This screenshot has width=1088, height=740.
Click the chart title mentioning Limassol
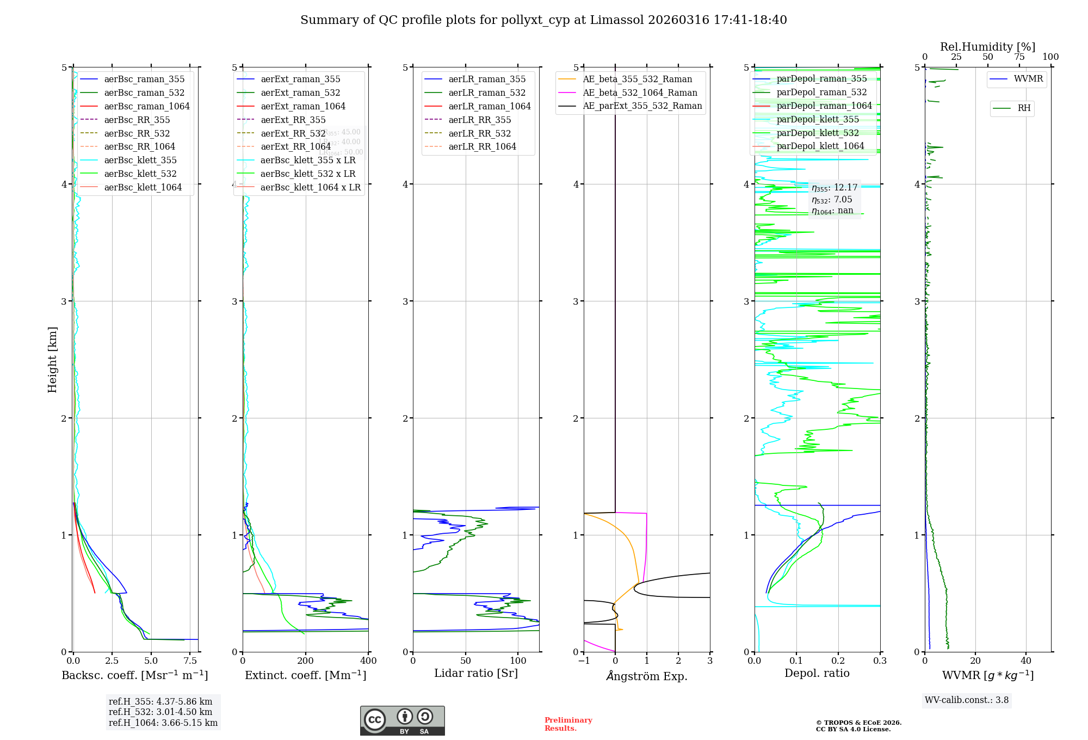(x=543, y=20)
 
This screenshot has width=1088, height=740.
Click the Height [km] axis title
(x=52, y=360)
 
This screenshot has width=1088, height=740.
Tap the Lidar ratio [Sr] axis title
(x=476, y=673)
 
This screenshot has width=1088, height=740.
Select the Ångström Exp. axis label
(x=647, y=676)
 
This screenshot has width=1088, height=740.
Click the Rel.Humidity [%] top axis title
(x=987, y=47)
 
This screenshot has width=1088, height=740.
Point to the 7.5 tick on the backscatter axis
(x=190, y=661)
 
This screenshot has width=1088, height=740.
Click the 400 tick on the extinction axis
(x=368, y=661)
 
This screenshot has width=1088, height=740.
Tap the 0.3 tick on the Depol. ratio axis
(x=880, y=661)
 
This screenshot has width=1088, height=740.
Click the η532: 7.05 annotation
(x=832, y=200)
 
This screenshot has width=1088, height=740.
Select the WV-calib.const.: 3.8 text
(x=966, y=700)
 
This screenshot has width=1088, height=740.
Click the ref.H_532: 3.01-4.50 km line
(x=160, y=712)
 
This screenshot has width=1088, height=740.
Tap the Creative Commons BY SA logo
(x=402, y=720)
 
